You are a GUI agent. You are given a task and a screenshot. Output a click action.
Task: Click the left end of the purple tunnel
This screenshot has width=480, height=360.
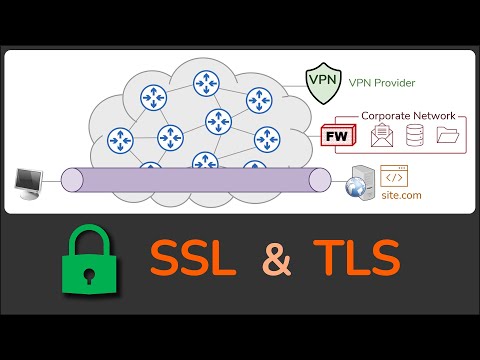(x=69, y=180)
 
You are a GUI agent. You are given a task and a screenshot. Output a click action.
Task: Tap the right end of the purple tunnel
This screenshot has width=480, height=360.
(x=319, y=180)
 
